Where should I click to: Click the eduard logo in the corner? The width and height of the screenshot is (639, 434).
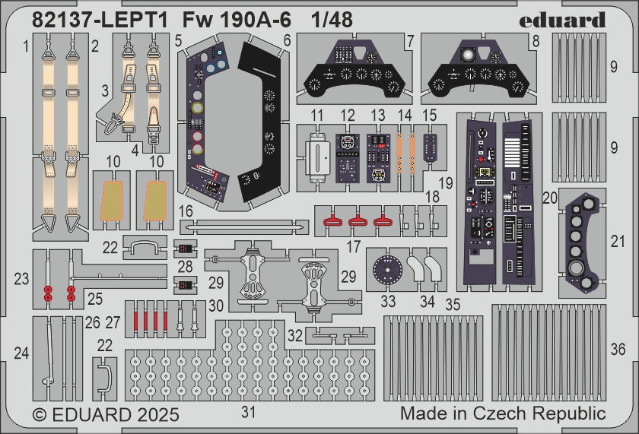[x=562, y=20]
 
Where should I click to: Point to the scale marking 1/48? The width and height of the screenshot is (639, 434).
[x=332, y=21]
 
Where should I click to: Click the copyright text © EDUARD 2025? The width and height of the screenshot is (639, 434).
[x=106, y=415]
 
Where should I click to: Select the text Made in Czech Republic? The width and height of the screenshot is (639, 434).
[x=503, y=414]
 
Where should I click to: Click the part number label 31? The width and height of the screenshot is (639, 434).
[x=248, y=412]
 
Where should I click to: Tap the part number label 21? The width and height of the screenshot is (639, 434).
[x=618, y=242]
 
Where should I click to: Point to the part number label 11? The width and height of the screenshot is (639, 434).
[x=317, y=116]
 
